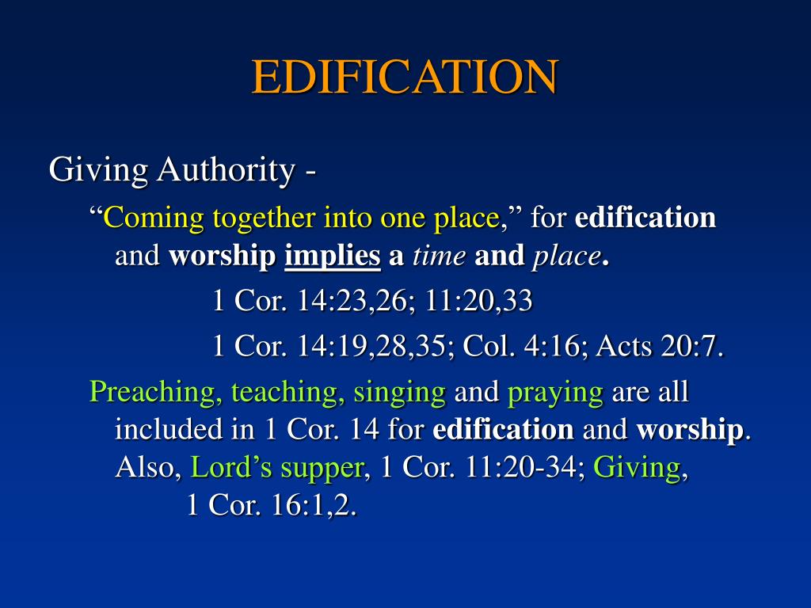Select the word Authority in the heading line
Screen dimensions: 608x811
(x=223, y=169)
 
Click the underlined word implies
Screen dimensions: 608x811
(x=333, y=256)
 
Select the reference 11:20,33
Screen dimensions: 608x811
(x=479, y=301)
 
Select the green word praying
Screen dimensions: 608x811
(x=555, y=391)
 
